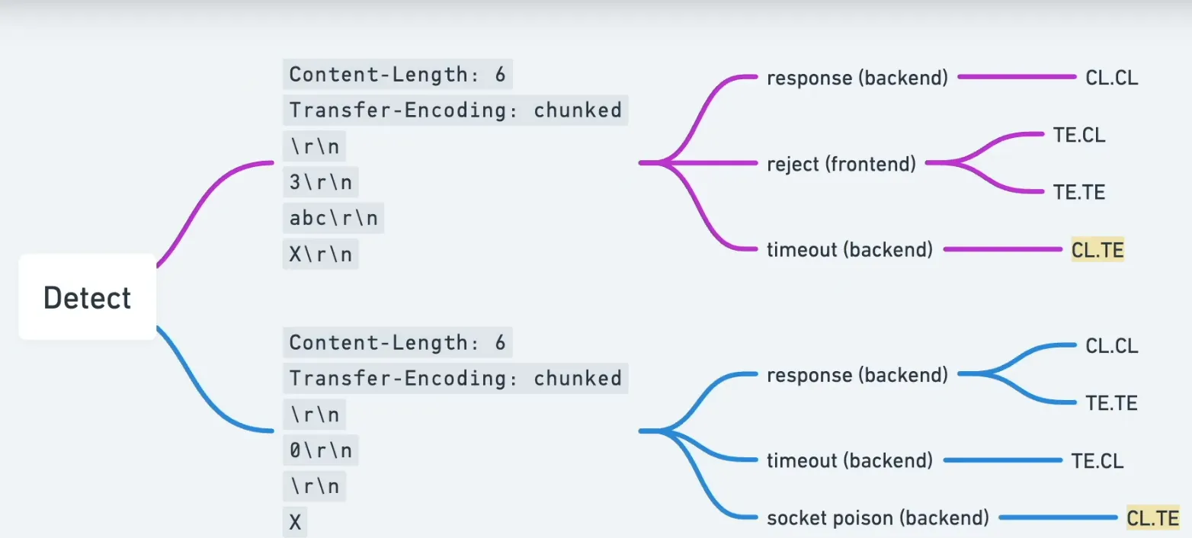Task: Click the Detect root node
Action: [x=88, y=297]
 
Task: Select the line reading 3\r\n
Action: [x=320, y=183]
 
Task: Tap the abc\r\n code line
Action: [x=333, y=219]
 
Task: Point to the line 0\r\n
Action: [x=320, y=451]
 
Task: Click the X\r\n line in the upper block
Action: [x=320, y=255]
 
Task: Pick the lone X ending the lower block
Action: [x=295, y=522]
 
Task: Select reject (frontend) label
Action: [x=841, y=163]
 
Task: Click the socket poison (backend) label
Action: [x=877, y=518]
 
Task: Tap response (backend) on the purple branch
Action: [x=857, y=78]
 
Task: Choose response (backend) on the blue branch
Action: [x=857, y=375]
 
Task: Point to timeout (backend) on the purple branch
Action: [x=849, y=249]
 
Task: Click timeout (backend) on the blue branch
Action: [x=849, y=460]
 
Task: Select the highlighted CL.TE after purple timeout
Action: [x=1097, y=249]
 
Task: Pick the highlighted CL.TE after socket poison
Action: [x=1152, y=518]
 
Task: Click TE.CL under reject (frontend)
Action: [x=1078, y=135]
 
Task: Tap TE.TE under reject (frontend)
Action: [x=1078, y=192]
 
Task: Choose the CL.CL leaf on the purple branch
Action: [x=1111, y=78]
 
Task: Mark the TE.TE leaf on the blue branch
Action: [x=1111, y=403]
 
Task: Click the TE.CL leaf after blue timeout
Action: [x=1097, y=460]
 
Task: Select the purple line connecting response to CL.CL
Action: [x=1015, y=77]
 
